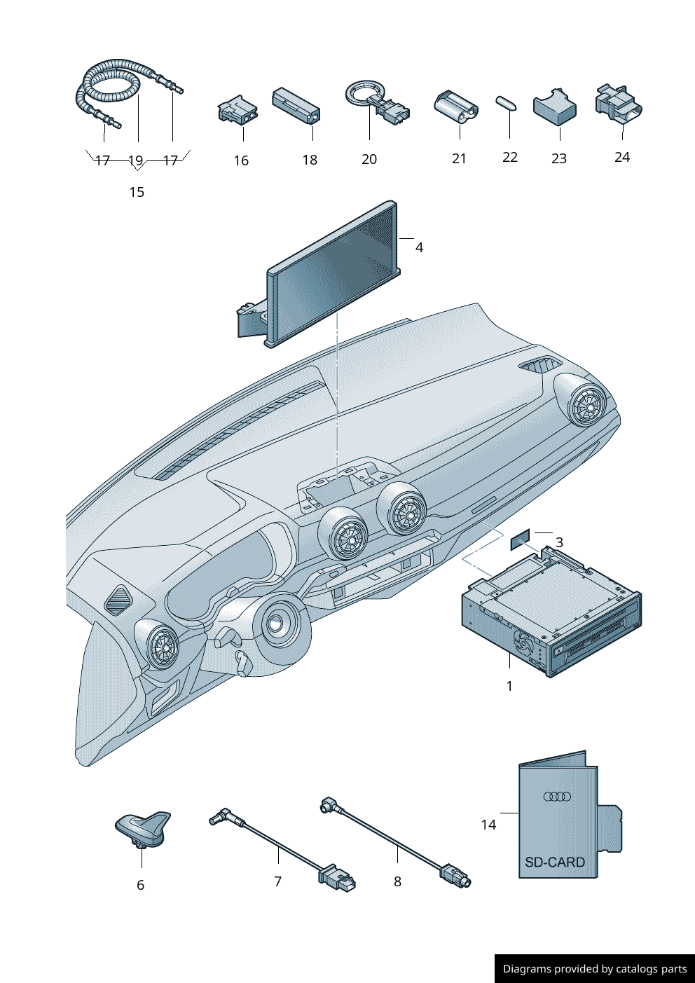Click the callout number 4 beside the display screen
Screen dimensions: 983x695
tap(419, 247)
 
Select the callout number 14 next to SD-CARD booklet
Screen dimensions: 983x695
tap(488, 825)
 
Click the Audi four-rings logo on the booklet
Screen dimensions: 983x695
tap(557, 796)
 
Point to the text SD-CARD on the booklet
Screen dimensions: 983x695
tap(554, 862)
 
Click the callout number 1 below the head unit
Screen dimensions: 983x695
tap(509, 686)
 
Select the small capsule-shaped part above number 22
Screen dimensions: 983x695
tap(507, 102)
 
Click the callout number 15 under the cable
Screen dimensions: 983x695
tap(137, 192)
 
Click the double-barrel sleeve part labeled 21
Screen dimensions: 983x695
tap(456, 106)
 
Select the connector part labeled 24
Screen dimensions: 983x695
tap(617, 104)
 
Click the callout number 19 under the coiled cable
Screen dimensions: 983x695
tap(136, 160)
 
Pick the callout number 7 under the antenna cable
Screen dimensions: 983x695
tap(278, 881)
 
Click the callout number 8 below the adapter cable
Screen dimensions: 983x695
tap(397, 881)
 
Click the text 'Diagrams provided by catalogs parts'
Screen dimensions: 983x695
tap(595, 969)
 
